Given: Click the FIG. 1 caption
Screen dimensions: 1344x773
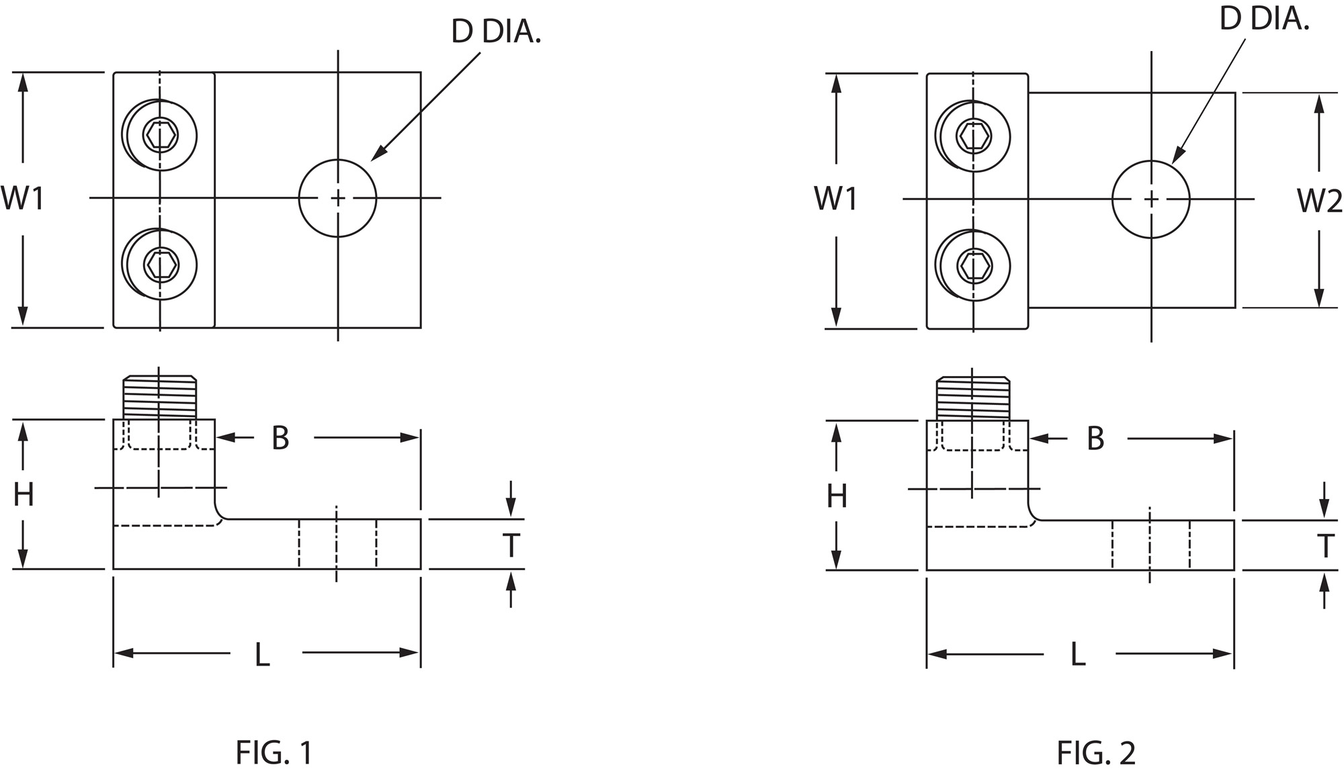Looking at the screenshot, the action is (274, 753).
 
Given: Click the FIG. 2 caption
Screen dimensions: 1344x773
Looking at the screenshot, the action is (1096, 753).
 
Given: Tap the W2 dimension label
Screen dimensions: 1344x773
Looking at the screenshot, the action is (1319, 201).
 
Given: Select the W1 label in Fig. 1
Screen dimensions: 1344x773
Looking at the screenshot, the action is (23, 199).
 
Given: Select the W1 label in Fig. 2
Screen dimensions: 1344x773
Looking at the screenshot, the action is (836, 199).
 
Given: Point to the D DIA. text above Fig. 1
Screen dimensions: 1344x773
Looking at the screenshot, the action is (496, 32).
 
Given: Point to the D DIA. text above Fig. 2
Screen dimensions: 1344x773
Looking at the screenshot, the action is (1265, 19).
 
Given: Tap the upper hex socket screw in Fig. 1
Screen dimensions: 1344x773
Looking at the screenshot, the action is (160, 135).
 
